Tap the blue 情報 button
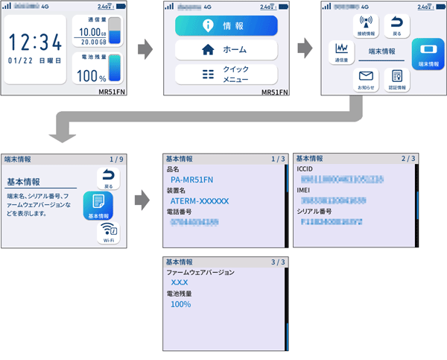click(x=226, y=25)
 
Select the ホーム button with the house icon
click(x=226, y=50)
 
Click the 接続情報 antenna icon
click(x=366, y=25)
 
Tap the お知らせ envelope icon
click(x=366, y=79)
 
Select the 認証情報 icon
click(x=396, y=79)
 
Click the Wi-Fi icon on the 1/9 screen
click(x=108, y=233)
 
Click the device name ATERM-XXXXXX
click(x=200, y=200)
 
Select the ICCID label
click(x=305, y=169)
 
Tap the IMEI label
click(x=304, y=191)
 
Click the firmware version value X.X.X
click(x=179, y=283)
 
